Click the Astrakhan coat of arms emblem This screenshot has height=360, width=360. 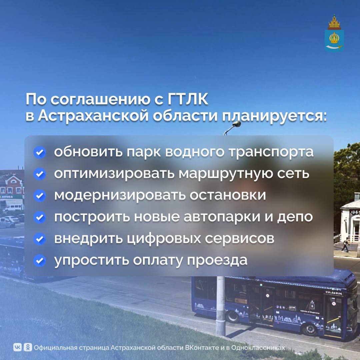click(334, 33)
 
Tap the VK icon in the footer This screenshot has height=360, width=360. click(17, 347)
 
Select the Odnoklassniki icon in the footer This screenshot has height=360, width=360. click(28, 347)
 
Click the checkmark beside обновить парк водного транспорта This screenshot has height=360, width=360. click(39, 152)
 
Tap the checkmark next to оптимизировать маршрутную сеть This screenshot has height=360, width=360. click(39, 174)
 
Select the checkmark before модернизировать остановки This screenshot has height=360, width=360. click(39, 196)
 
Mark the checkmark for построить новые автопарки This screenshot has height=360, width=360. click(39, 217)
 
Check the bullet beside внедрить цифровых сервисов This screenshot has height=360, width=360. click(39, 239)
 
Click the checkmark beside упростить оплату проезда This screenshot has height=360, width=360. click(39, 261)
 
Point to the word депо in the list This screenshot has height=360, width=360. click(295, 217)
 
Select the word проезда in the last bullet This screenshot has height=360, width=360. click(217, 261)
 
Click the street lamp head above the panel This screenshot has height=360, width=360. click(237, 124)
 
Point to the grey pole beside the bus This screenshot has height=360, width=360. click(220, 305)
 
